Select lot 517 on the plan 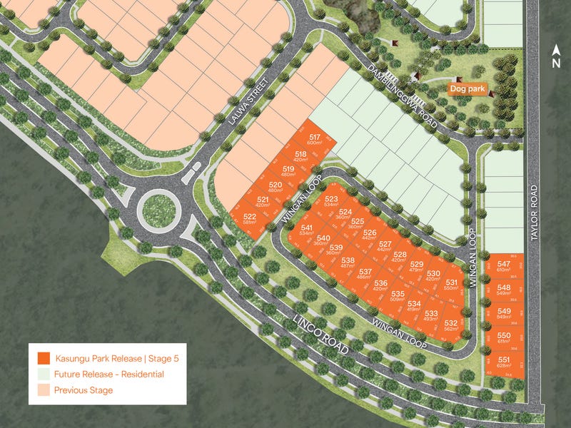pos(314,140)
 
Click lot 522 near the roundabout pos(250,219)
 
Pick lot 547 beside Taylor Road pos(503,266)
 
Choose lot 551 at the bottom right pos(504,362)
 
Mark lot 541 pos(307,230)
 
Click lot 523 pos(331,202)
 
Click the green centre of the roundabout pos(156,209)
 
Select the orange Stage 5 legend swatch pos(44,358)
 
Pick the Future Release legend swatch pos(44,374)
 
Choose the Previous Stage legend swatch pos(44,390)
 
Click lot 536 pos(380,285)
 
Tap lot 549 pos(504,314)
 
